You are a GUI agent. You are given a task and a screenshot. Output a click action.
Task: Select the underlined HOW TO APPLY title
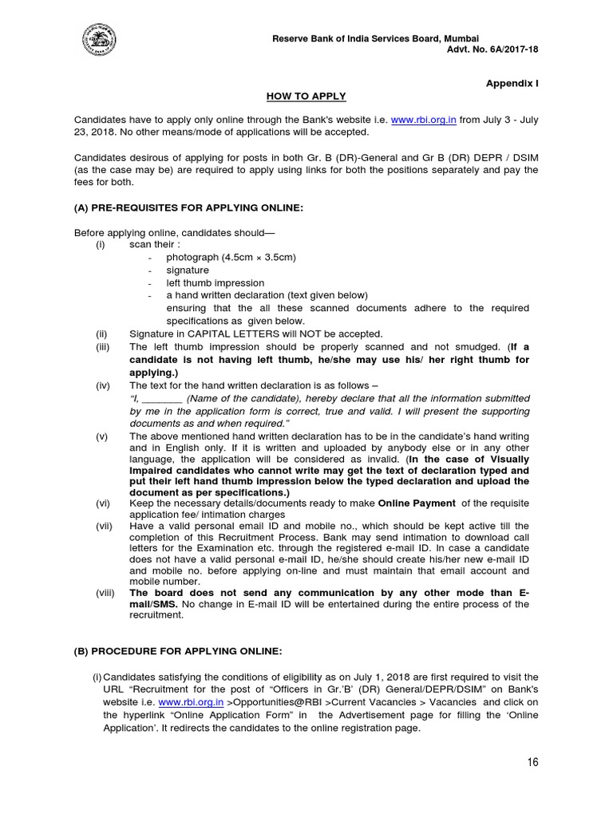click(306, 96)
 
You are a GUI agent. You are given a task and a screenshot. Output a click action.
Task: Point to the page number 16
click(532, 762)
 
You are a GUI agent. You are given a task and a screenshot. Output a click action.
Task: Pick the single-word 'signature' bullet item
click(188, 270)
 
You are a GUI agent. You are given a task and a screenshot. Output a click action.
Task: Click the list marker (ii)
click(101, 334)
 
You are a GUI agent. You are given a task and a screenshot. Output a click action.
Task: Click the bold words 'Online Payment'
click(417, 503)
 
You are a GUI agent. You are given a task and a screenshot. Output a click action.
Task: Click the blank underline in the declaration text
click(163, 398)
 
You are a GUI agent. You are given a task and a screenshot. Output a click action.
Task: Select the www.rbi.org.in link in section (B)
click(191, 702)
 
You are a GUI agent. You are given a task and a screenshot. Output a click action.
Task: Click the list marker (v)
click(101, 436)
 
